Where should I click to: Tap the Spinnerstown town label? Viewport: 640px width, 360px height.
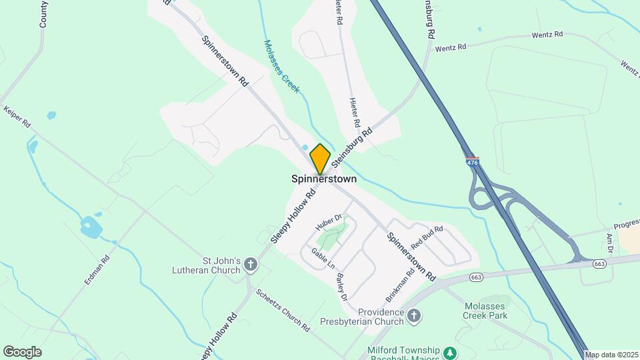(x=324, y=179)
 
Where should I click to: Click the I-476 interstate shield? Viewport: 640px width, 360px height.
(x=473, y=162)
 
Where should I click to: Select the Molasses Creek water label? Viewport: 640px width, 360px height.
(x=282, y=66)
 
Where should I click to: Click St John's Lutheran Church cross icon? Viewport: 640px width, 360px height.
(x=251, y=265)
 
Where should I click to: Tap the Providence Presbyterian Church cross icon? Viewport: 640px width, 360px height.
(x=414, y=316)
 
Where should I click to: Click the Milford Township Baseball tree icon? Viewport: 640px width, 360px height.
(x=451, y=352)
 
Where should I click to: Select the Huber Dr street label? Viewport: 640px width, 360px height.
(x=329, y=223)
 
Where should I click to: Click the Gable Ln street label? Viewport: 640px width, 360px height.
(x=323, y=258)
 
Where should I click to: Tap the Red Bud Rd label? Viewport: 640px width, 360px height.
(x=427, y=238)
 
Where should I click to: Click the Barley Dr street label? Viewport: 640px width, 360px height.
(x=342, y=287)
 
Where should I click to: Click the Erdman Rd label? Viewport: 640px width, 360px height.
(x=97, y=270)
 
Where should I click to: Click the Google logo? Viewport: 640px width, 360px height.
(x=22, y=351)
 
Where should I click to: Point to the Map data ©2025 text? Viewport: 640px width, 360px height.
(x=611, y=355)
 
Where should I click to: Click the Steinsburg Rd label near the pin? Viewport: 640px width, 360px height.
(x=351, y=144)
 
